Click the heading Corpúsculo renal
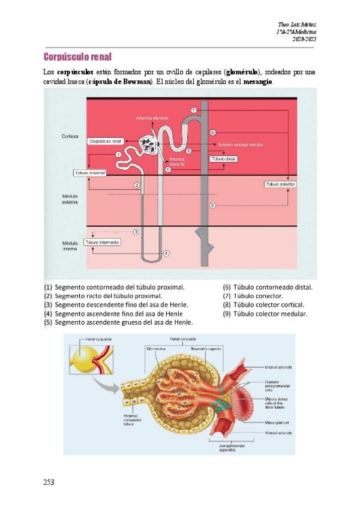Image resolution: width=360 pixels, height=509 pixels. pyautogui.click(x=77, y=57)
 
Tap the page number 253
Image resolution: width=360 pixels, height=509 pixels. pyautogui.click(x=50, y=482)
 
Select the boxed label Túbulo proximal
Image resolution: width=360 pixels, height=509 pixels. pyautogui.click(x=89, y=173)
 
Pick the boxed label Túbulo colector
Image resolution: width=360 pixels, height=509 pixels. pyautogui.click(x=280, y=184)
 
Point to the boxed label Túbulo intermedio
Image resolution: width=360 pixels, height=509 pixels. pyautogui.click(x=102, y=242)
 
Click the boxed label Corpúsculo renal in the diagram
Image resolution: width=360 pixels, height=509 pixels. pyautogui.click(x=106, y=141)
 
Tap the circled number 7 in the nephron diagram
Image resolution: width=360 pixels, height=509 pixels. pyautogui.click(x=193, y=110)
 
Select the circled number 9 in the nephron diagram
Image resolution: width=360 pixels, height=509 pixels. pyautogui.click(x=212, y=205)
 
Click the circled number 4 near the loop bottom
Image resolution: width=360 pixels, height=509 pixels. pyautogui.click(x=166, y=253)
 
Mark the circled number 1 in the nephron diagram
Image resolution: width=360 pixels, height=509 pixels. pyautogui.click(x=119, y=154)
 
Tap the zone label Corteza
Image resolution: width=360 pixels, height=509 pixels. pyautogui.click(x=70, y=136)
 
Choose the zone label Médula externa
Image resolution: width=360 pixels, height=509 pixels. pyautogui.click(x=70, y=199)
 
